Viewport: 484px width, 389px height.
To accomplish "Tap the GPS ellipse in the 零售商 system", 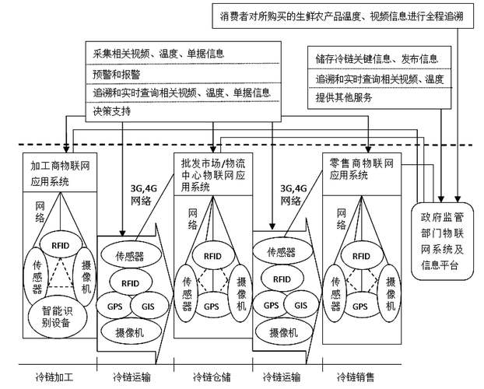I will [x=359, y=306].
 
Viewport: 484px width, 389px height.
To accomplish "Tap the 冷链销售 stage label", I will [x=355, y=377].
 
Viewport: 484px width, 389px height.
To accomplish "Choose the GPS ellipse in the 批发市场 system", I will [x=211, y=306].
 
